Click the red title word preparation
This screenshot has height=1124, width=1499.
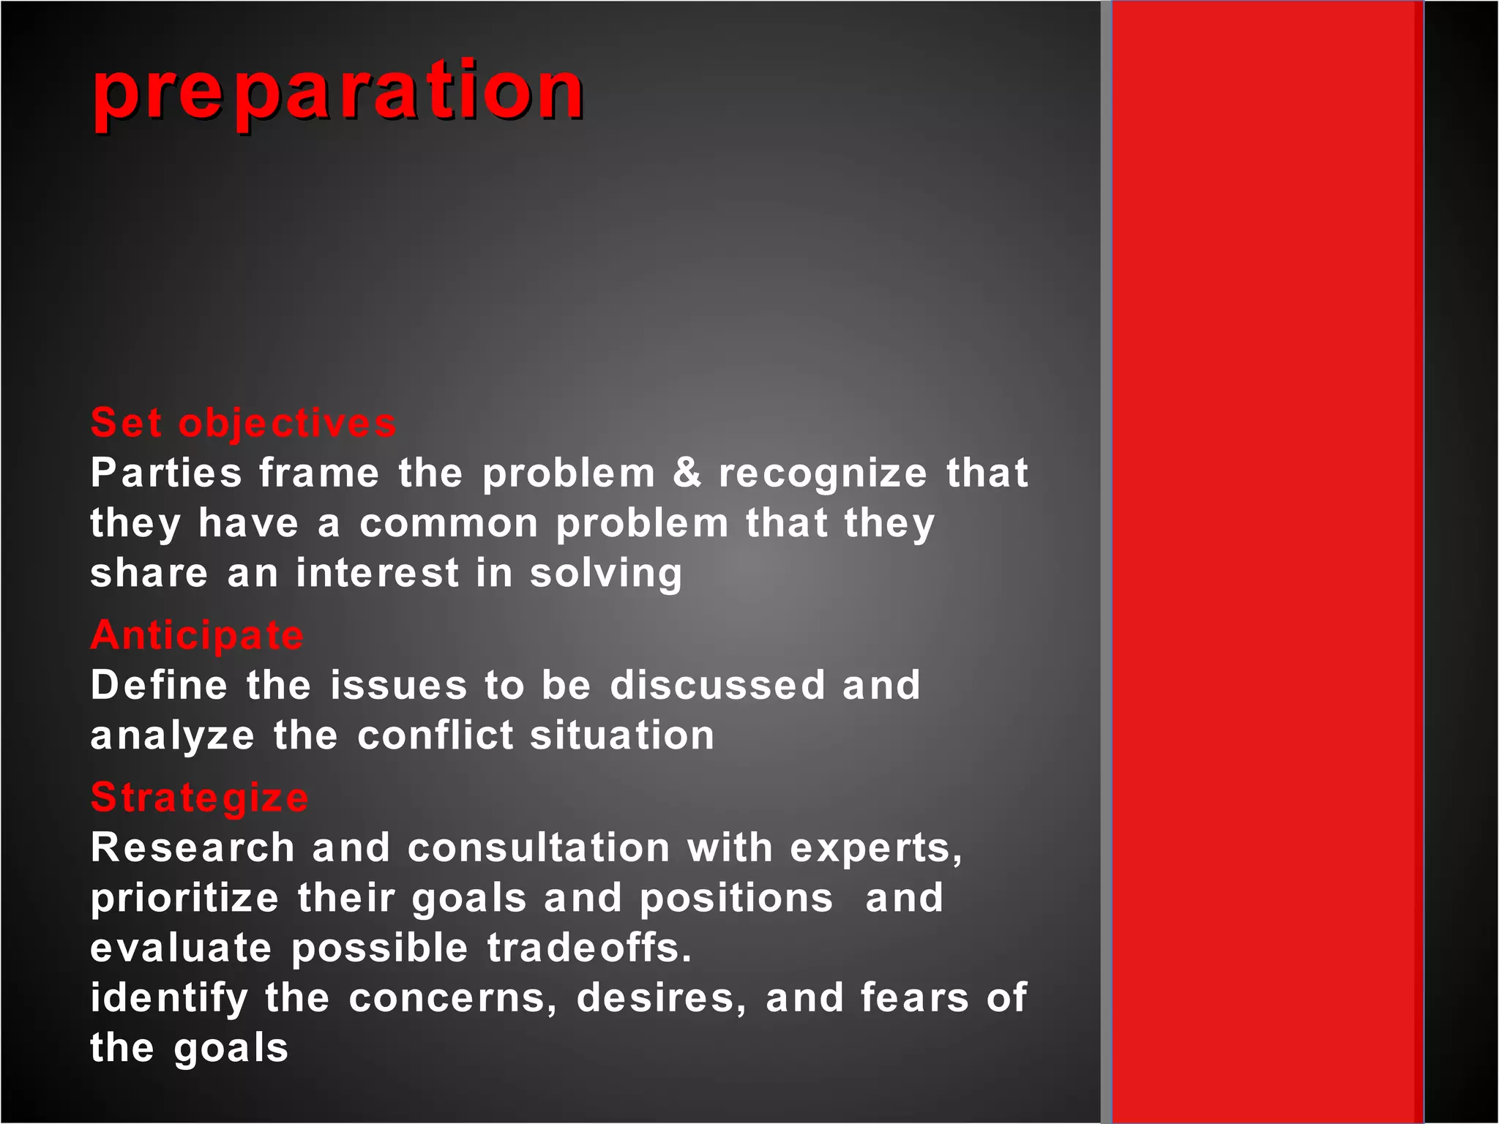338,91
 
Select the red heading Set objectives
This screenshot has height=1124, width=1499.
243,423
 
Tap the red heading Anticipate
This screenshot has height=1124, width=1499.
197,634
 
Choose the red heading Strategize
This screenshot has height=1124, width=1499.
199,797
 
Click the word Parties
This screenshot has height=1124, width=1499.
166,473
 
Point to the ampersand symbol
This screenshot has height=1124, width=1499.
687,473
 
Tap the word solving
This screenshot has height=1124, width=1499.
606,574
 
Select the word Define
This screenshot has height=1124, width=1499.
159,686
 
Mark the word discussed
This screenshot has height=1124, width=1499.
717,686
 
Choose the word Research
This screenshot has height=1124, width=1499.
192,848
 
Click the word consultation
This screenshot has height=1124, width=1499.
539,848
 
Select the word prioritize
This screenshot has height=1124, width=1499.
184,899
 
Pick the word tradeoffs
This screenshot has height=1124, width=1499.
589,948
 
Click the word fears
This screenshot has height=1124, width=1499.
914,998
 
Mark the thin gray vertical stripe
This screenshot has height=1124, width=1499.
1106,562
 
